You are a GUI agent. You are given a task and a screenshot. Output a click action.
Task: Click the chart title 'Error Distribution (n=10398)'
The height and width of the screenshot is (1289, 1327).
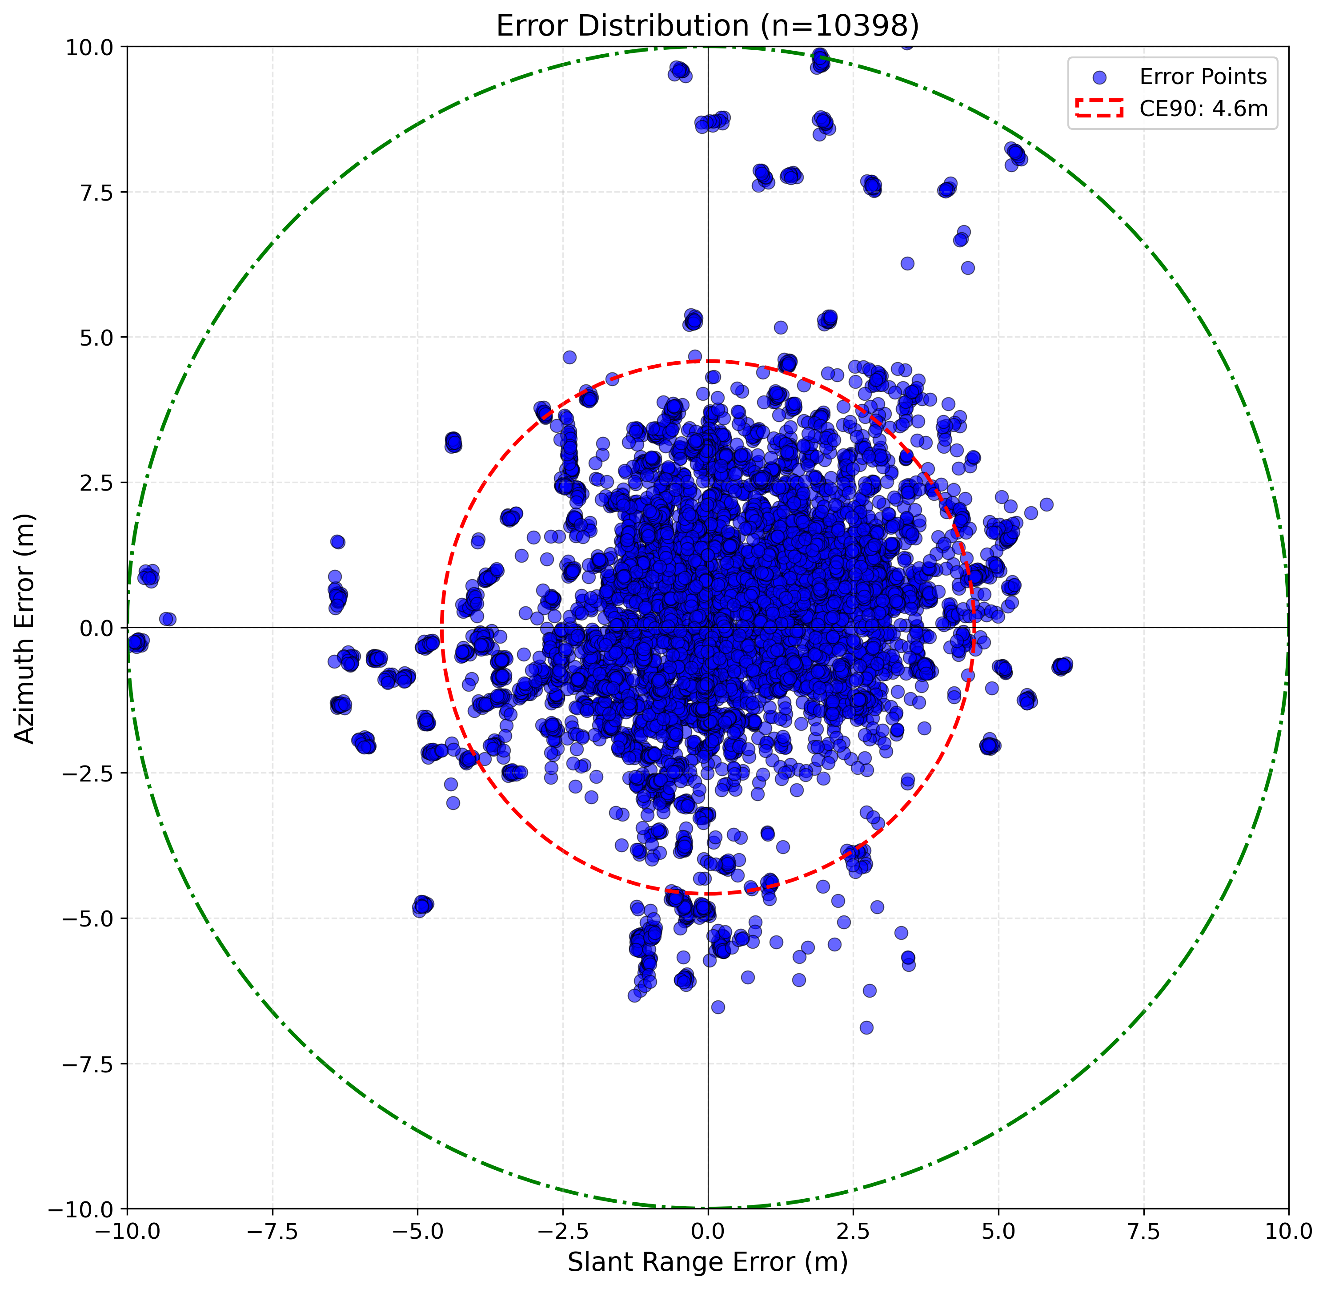click(707, 26)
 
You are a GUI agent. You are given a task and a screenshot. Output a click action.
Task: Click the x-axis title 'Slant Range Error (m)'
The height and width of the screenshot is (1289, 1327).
click(707, 1262)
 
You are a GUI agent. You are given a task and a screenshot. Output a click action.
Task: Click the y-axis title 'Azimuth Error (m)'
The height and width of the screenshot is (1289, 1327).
click(24, 628)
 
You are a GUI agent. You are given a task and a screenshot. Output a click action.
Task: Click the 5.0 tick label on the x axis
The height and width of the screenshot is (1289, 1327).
click(998, 1232)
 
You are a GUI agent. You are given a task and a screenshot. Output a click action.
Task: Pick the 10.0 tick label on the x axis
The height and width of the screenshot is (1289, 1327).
click(1288, 1232)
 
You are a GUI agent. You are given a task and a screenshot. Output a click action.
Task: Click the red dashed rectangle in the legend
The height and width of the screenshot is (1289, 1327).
click(1099, 109)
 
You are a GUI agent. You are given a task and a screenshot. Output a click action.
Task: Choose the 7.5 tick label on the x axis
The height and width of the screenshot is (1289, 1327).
click(1143, 1232)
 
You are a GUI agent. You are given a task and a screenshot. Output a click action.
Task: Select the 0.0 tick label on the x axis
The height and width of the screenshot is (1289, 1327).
click(707, 1232)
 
